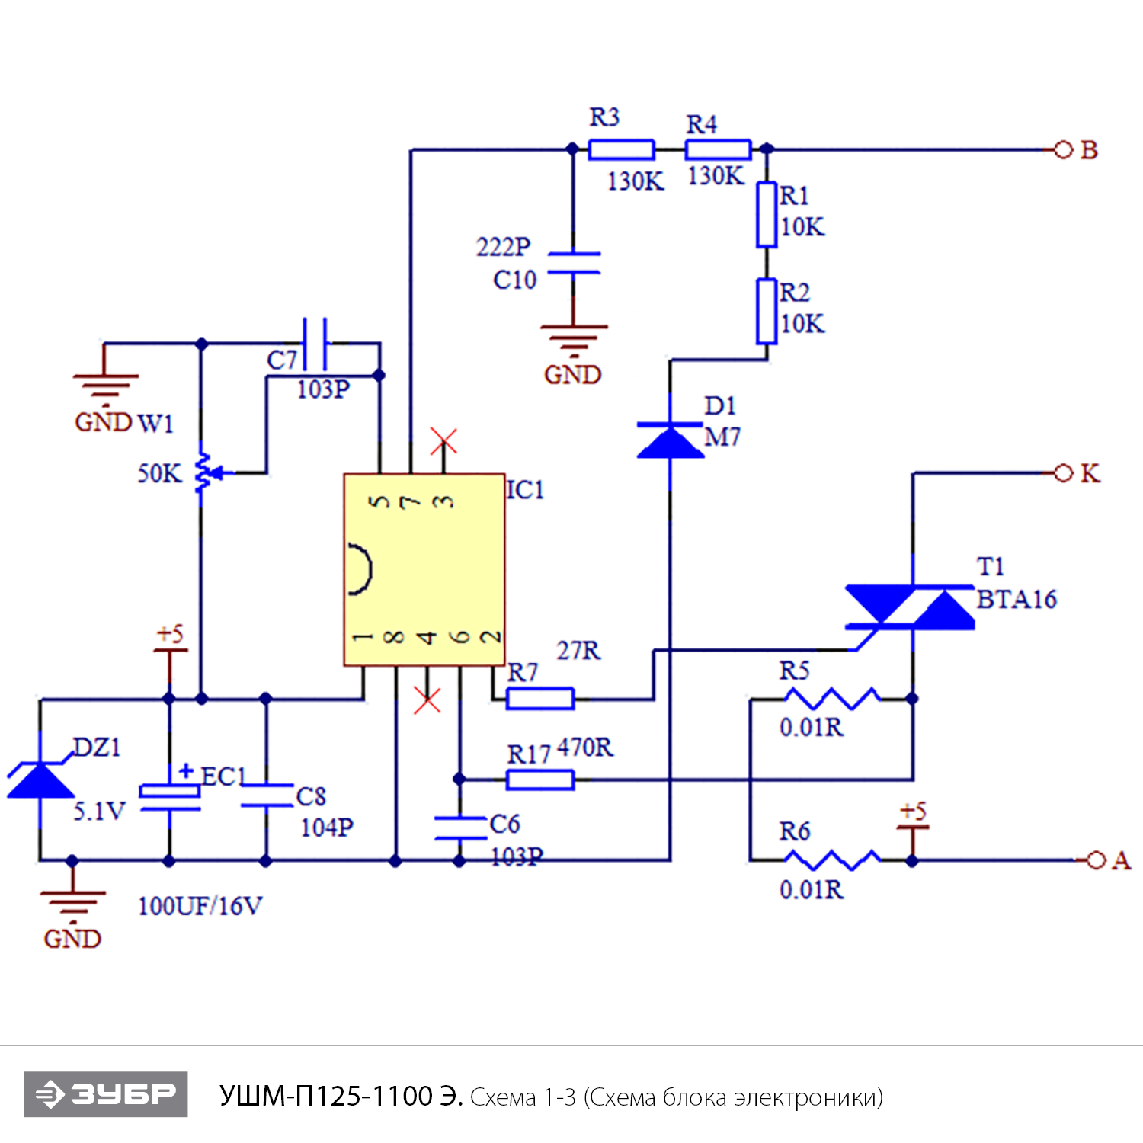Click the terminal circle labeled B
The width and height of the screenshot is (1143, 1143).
coord(1063,150)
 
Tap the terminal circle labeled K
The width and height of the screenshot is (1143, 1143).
coord(1063,473)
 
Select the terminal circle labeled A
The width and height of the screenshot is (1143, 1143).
coord(1096,860)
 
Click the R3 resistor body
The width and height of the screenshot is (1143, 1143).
coord(621,149)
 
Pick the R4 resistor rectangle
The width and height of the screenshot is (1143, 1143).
coord(718,149)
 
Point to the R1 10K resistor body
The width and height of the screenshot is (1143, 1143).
coord(767,214)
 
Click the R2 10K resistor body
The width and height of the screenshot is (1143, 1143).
coord(767,311)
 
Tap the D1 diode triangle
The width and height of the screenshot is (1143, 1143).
coord(670,441)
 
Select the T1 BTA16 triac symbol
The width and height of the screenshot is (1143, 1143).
coord(911,607)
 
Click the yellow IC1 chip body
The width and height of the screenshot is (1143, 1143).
coord(424,569)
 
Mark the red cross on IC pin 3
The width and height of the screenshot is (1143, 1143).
coord(443,441)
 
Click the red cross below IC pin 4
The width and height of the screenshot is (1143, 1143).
coord(427,700)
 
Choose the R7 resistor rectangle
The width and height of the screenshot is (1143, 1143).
coord(539,699)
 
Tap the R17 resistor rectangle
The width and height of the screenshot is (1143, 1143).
coord(539,780)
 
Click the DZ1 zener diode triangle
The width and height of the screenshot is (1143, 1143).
coord(40,780)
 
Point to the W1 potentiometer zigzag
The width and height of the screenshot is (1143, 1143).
coord(202,472)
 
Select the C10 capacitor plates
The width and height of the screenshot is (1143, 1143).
coord(574,263)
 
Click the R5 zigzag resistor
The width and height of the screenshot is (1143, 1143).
coord(831,698)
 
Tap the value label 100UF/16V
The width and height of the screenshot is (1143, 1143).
coord(200,906)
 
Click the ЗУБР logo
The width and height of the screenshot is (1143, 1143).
coord(106,1094)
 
